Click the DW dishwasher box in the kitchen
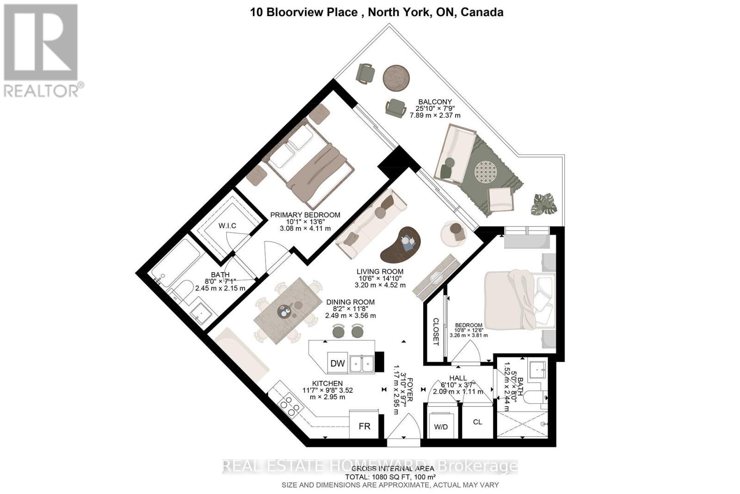coord(338,363)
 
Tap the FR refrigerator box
coord(364,426)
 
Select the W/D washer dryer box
coord(441,426)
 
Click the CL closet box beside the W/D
coord(478,422)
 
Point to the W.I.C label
coord(227,226)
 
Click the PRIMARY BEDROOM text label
coord(305,215)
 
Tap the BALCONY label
coord(435,102)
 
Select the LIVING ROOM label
coord(380,272)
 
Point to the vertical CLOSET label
coord(435,331)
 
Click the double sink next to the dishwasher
coord(362,363)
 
